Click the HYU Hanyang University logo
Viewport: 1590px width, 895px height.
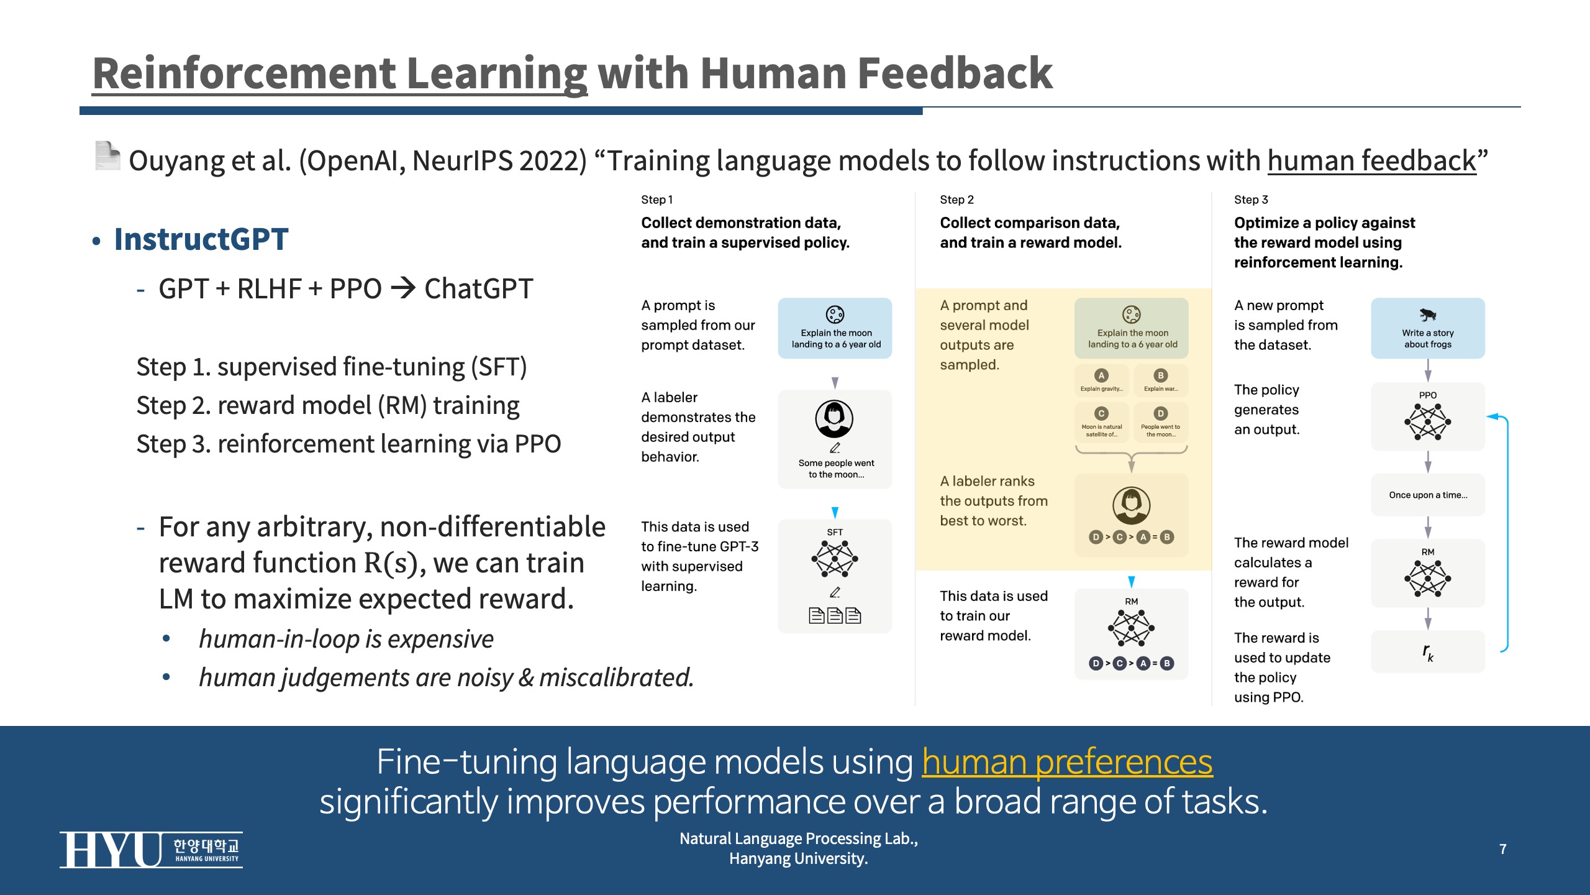click(151, 849)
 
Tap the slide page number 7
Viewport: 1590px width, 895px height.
click(1502, 849)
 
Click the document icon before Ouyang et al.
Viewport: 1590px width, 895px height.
click(107, 155)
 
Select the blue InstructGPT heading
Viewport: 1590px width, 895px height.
click(201, 239)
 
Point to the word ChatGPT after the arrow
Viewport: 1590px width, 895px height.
click(478, 289)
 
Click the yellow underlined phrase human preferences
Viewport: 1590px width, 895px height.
click(1067, 761)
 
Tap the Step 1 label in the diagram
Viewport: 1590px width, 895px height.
click(656, 200)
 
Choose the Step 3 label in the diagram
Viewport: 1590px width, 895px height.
click(1251, 200)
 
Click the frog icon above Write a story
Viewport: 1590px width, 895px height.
click(1427, 314)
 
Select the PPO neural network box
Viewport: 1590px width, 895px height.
click(1428, 416)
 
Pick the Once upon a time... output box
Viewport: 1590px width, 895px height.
click(1428, 495)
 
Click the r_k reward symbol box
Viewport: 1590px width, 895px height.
click(1428, 651)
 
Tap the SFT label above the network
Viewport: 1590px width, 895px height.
click(835, 532)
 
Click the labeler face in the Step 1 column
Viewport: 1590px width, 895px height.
click(834, 419)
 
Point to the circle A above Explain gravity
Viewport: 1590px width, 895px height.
click(1101, 375)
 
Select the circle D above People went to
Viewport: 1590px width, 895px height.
click(1160, 413)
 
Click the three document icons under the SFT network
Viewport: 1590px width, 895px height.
click(835, 615)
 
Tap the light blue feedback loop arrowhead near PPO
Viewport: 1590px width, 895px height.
click(1493, 416)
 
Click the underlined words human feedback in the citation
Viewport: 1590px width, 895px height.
click(1371, 160)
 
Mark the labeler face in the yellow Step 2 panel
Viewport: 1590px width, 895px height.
click(1131, 505)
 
